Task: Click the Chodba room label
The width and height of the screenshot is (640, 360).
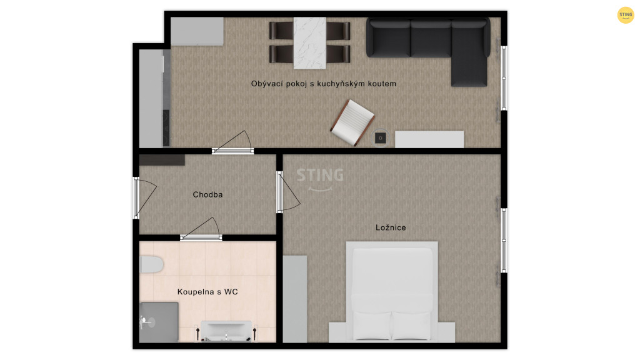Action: click(207, 195)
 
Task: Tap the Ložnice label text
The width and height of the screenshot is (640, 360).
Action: click(391, 227)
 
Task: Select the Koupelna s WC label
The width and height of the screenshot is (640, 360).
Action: click(207, 292)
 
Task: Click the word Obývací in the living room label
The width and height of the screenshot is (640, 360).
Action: click(266, 84)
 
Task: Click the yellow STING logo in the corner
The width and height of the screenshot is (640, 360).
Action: click(625, 15)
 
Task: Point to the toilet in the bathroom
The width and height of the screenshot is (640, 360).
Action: click(151, 264)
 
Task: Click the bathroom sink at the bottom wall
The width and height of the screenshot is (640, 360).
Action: click(226, 331)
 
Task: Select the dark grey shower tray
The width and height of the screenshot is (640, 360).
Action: click(159, 322)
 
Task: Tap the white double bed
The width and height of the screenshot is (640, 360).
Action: click(392, 291)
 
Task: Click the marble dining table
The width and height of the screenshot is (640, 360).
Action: click(310, 43)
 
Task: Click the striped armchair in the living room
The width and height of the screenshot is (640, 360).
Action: click(352, 122)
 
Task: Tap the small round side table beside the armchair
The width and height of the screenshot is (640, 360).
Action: click(381, 138)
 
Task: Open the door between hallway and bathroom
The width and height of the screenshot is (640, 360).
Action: click(201, 230)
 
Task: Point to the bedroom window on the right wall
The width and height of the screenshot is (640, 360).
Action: click(504, 240)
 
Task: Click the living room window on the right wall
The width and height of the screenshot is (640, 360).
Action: click(504, 77)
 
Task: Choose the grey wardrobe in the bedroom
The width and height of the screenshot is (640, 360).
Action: click(295, 299)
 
